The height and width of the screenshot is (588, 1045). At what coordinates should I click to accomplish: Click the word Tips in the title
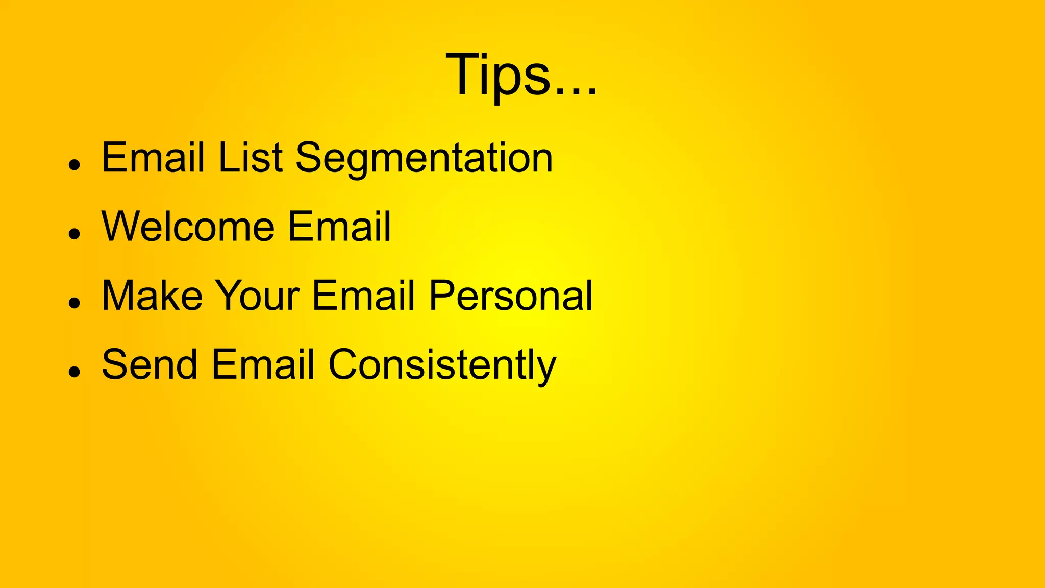[497, 75]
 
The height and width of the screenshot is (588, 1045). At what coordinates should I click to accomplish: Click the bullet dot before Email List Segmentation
[75, 165]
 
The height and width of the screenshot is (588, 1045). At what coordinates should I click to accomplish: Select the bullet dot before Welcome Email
[75, 234]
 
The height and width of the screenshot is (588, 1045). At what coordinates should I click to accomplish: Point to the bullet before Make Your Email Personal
[75, 303]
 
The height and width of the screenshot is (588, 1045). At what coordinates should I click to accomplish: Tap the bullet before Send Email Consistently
[75, 372]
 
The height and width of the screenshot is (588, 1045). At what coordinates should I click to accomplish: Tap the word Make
[152, 296]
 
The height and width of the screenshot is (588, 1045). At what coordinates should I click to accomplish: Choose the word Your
[257, 296]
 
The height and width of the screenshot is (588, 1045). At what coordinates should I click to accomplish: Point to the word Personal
[510, 296]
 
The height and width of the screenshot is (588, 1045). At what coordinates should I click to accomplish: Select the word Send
[150, 364]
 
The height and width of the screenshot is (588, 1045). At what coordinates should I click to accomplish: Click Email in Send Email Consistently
[262, 364]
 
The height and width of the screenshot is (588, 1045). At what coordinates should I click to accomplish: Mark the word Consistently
[442, 365]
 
